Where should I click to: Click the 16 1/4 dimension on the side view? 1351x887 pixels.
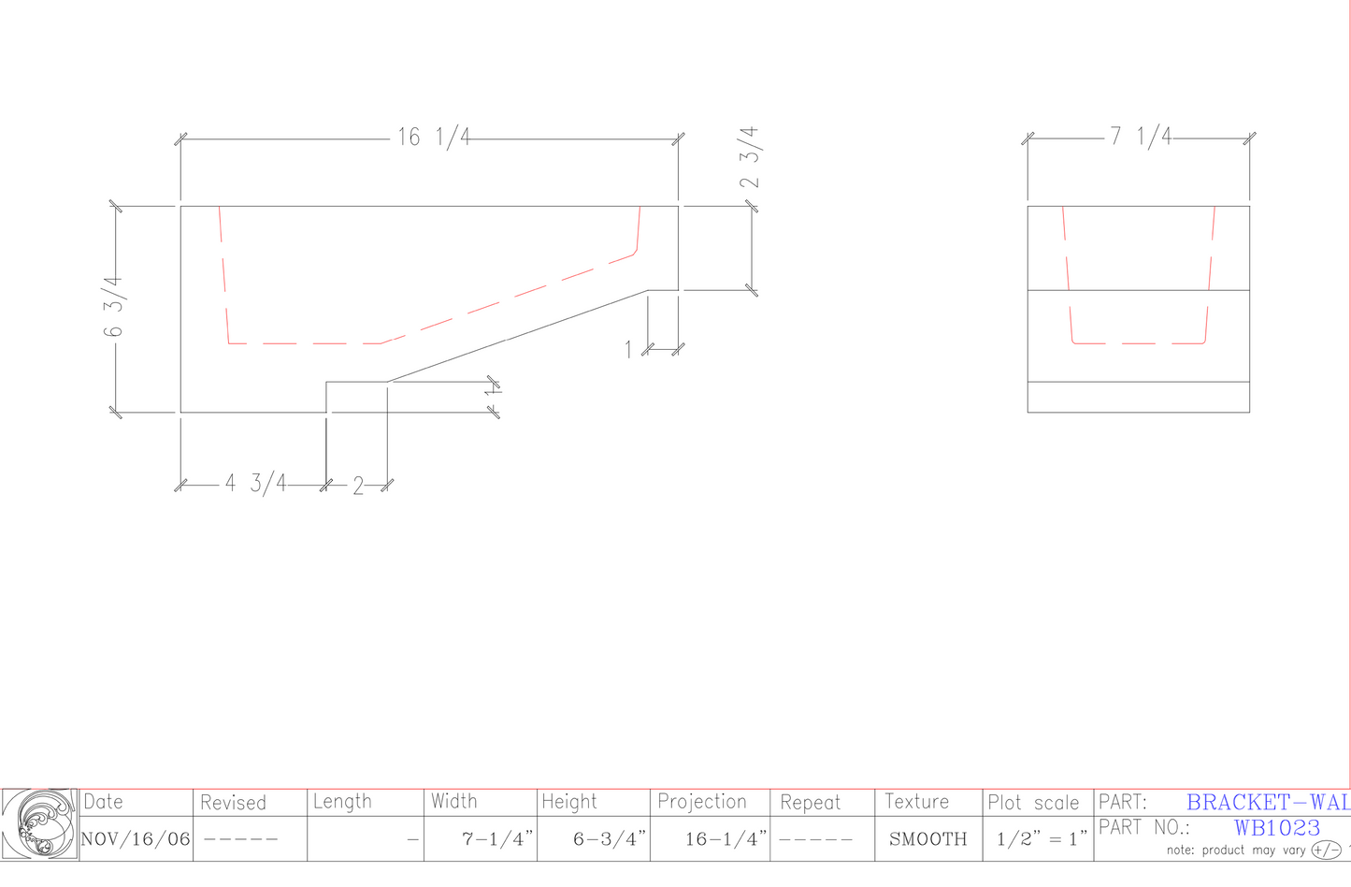click(x=433, y=138)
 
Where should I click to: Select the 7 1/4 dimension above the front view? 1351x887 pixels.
click(x=1140, y=138)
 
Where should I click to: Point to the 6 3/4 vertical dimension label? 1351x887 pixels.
click(x=113, y=306)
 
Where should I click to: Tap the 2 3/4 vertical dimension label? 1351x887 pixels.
click(x=750, y=157)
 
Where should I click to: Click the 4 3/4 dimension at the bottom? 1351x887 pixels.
click(x=255, y=484)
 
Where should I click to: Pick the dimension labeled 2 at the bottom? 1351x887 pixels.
click(x=358, y=487)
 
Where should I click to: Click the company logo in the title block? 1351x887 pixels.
click(x=39, y=824)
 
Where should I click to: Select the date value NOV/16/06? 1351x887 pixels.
click(x=136, y=839)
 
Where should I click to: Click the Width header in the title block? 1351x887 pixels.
click(x=454, y=802)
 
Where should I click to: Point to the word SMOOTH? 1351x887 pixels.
click(x=928, y=839)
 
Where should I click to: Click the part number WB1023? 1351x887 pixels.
click(x=1277, y=828)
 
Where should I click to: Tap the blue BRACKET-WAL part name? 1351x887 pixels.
click(x=1268, y=803)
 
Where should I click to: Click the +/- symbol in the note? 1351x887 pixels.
click(x=1326, y=851)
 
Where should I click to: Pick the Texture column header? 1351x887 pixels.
click(x=916, y=802)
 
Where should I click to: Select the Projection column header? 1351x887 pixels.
click(x=702, y=802)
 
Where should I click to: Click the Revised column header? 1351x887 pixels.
click(x=233, y=803)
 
